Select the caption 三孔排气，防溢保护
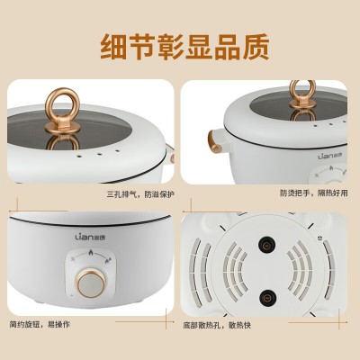[140, 194]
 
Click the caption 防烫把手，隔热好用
[314, 193]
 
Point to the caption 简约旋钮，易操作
[40, 324]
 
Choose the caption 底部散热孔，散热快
[217, 325]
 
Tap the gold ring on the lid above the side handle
[302, 93]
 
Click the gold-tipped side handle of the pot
[214, 141]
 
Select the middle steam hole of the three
[99, 155]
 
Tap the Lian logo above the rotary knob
[90, 237]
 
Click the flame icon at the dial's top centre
[91, 252]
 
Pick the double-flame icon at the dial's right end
[109, 260]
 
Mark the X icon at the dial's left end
[73, 258]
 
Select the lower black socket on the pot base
[266, 298]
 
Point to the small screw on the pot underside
[319, 238]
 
